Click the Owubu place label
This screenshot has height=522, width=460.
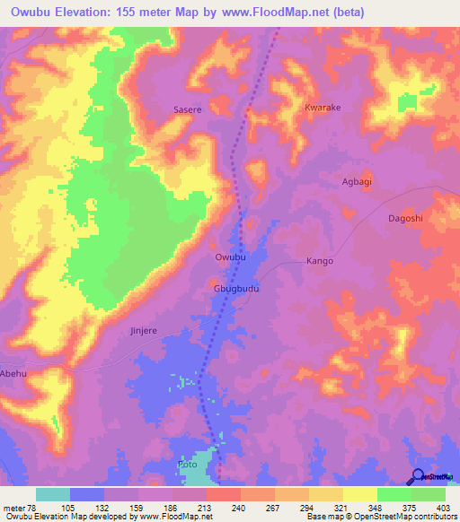coord(230,257)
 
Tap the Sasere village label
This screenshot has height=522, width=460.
coord(188,109)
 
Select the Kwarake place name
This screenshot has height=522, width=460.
coord(323,107)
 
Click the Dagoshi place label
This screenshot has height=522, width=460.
coord(404,218)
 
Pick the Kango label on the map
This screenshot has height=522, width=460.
coord(320,261)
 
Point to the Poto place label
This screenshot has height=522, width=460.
coord(187,465)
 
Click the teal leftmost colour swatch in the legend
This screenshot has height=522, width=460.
coord(53,494)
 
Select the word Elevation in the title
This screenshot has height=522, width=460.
coord(89,12)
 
